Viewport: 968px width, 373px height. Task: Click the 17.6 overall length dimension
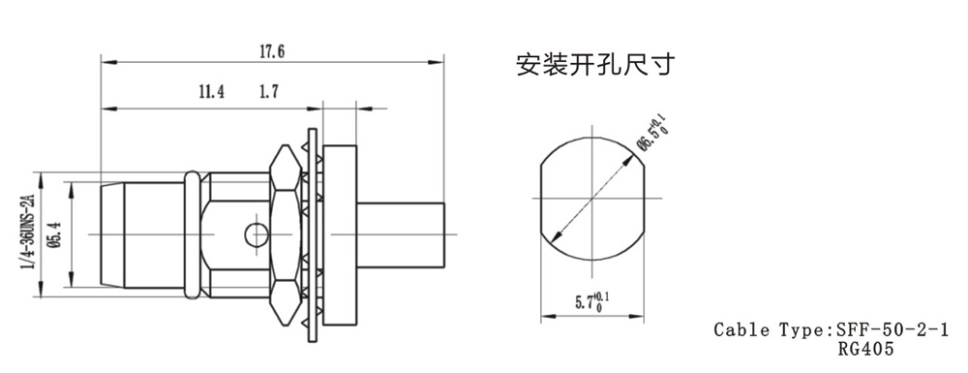[x=272, y=51]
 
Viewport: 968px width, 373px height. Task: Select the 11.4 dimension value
[x=211, y=93]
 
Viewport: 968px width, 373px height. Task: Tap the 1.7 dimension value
[x=268, y=93]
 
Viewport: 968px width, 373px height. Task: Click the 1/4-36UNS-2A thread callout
[x=27, y=231]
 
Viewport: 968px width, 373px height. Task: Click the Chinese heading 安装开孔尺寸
[x=594, y=64]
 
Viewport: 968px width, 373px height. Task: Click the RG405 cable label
[x=864, y=350]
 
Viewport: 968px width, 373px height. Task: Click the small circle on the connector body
[x=257, y=234]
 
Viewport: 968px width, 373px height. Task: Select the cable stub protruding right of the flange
[x=400, y=234]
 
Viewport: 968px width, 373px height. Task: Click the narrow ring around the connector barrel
[x=192, y=235]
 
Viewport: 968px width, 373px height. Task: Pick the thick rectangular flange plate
[x=340, y=234]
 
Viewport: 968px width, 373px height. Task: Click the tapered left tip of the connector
[x=112, y=234]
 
